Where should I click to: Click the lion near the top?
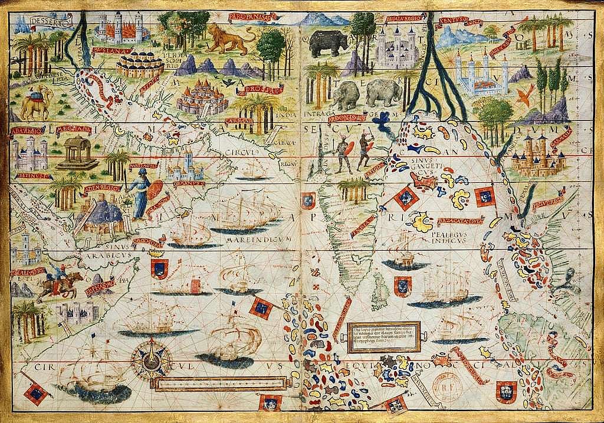[231, 40]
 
